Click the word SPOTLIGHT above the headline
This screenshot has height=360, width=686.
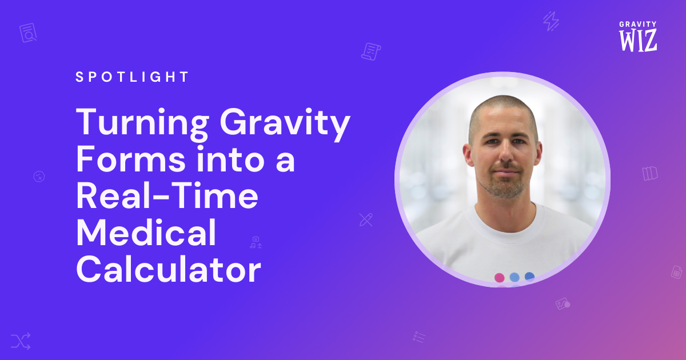click(x=132, y=77)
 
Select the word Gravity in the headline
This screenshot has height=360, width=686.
click(x=285, y=124)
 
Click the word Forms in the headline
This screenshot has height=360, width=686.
click(x=131, y=159)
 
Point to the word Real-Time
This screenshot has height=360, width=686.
click(x=167, y=196)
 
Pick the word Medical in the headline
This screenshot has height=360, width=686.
click(x=146, y=233)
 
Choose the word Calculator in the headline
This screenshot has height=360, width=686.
click(x=169, y=269)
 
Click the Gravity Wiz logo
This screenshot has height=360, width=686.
click(x=638, y=36)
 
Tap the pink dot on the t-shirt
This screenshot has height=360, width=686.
click(x=500, y=278)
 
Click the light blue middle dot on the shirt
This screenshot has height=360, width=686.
click(x=514, y=277)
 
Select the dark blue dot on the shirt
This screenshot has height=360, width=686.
click(x=529, y=277)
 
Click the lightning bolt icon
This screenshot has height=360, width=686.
click(x=551, y=21)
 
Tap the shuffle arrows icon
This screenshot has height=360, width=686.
click(x=21, y=341)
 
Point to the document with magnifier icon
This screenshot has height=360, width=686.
click(x=28, y=33)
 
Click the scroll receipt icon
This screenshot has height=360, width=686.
click(x=371, y=51)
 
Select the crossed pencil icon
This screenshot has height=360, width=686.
click(x=366, y=220)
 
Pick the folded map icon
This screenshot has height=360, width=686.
click(x=650, y=174)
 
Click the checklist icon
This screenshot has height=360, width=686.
click(x=419, y=337)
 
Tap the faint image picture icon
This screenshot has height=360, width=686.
click(x=563, y=303)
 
